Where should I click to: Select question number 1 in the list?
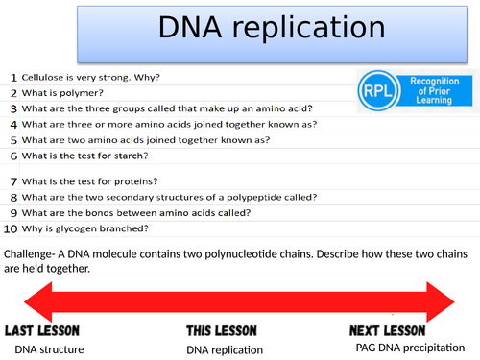pyautogui.click(x=12, y=77)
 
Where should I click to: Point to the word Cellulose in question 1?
pyautogui.click(x=46, y=77)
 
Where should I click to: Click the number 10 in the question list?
pyautogui.click(x=10, y=228)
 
